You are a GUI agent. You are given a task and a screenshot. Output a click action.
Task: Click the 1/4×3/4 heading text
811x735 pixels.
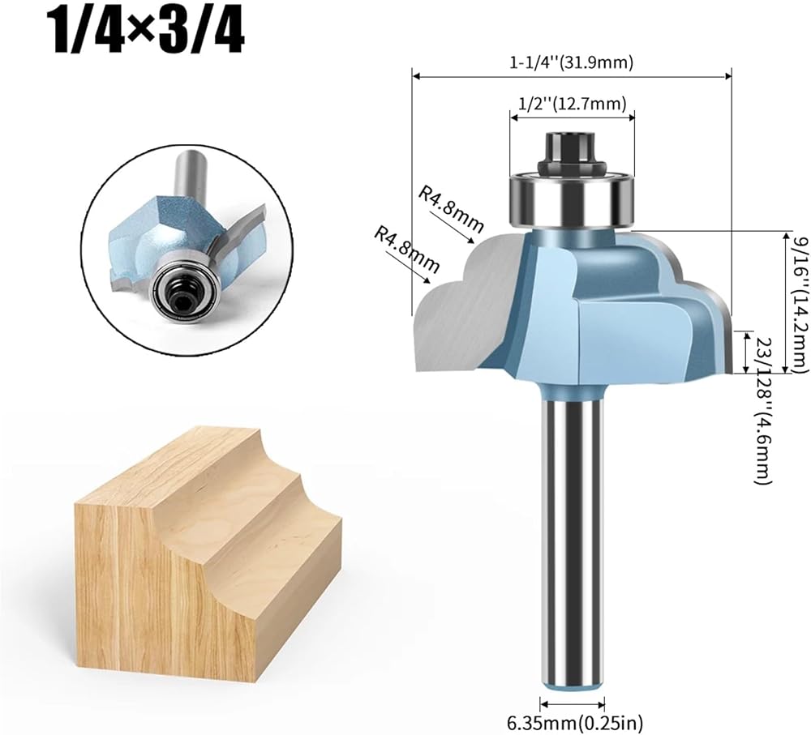pos(146,33)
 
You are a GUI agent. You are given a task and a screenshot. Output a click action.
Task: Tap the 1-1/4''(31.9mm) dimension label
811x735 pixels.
pos(572,62)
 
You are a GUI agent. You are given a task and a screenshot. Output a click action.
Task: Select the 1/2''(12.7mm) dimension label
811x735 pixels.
pos(572,104)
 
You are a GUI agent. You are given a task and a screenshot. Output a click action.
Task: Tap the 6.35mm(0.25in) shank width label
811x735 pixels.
pos(574,721)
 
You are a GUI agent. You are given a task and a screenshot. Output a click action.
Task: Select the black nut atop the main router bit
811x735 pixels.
pos(572,154)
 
